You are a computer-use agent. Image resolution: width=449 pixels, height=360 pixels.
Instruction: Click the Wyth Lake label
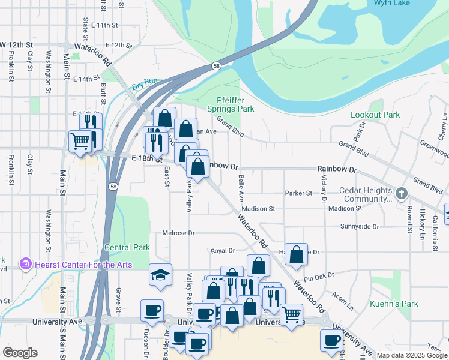pyautogui.click(x=409, y=3)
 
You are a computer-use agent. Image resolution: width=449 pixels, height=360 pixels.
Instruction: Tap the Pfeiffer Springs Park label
pyautogui.click(x=231, y=104)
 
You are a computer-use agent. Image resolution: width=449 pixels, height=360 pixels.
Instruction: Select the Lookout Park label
pyautogui.click(x=375, y=115)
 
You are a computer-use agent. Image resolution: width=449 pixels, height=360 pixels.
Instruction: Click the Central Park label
pyautogui.click(x=125, y=247)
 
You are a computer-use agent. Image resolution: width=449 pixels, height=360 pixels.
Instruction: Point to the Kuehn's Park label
pyautogui.click(x=394, y=304)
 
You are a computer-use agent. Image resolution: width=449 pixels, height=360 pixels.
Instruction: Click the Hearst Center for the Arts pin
pyautogui.click(x=25, y=263)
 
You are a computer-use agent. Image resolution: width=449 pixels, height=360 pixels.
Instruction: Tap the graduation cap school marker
pyautogui.click(x=160, y=274)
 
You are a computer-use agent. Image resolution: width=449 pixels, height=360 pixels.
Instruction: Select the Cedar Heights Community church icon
pyautogui.click(x=402, y=194)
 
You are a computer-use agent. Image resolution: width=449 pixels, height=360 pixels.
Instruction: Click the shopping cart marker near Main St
pyautogui.click(x=80, y=142)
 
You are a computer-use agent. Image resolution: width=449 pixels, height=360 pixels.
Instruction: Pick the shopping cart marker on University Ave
pyautogui.click(x=291, y=314)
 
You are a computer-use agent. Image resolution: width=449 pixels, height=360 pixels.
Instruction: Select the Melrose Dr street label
pyautogui.click(x=179, y=233)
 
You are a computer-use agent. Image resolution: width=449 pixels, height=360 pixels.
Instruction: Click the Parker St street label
pyautogui.click(x=299, y=193)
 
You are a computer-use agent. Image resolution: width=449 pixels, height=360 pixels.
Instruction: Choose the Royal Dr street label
pyautogui.click(x=222, y=251)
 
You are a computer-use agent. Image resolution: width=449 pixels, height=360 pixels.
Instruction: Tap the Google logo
pyautogui.click(x=20, y=353)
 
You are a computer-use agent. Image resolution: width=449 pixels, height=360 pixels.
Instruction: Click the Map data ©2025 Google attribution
pyautogui.click(x=412, y=355)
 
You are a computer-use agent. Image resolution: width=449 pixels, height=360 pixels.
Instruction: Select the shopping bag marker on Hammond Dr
pyautogui.click(x=297, y=254)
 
